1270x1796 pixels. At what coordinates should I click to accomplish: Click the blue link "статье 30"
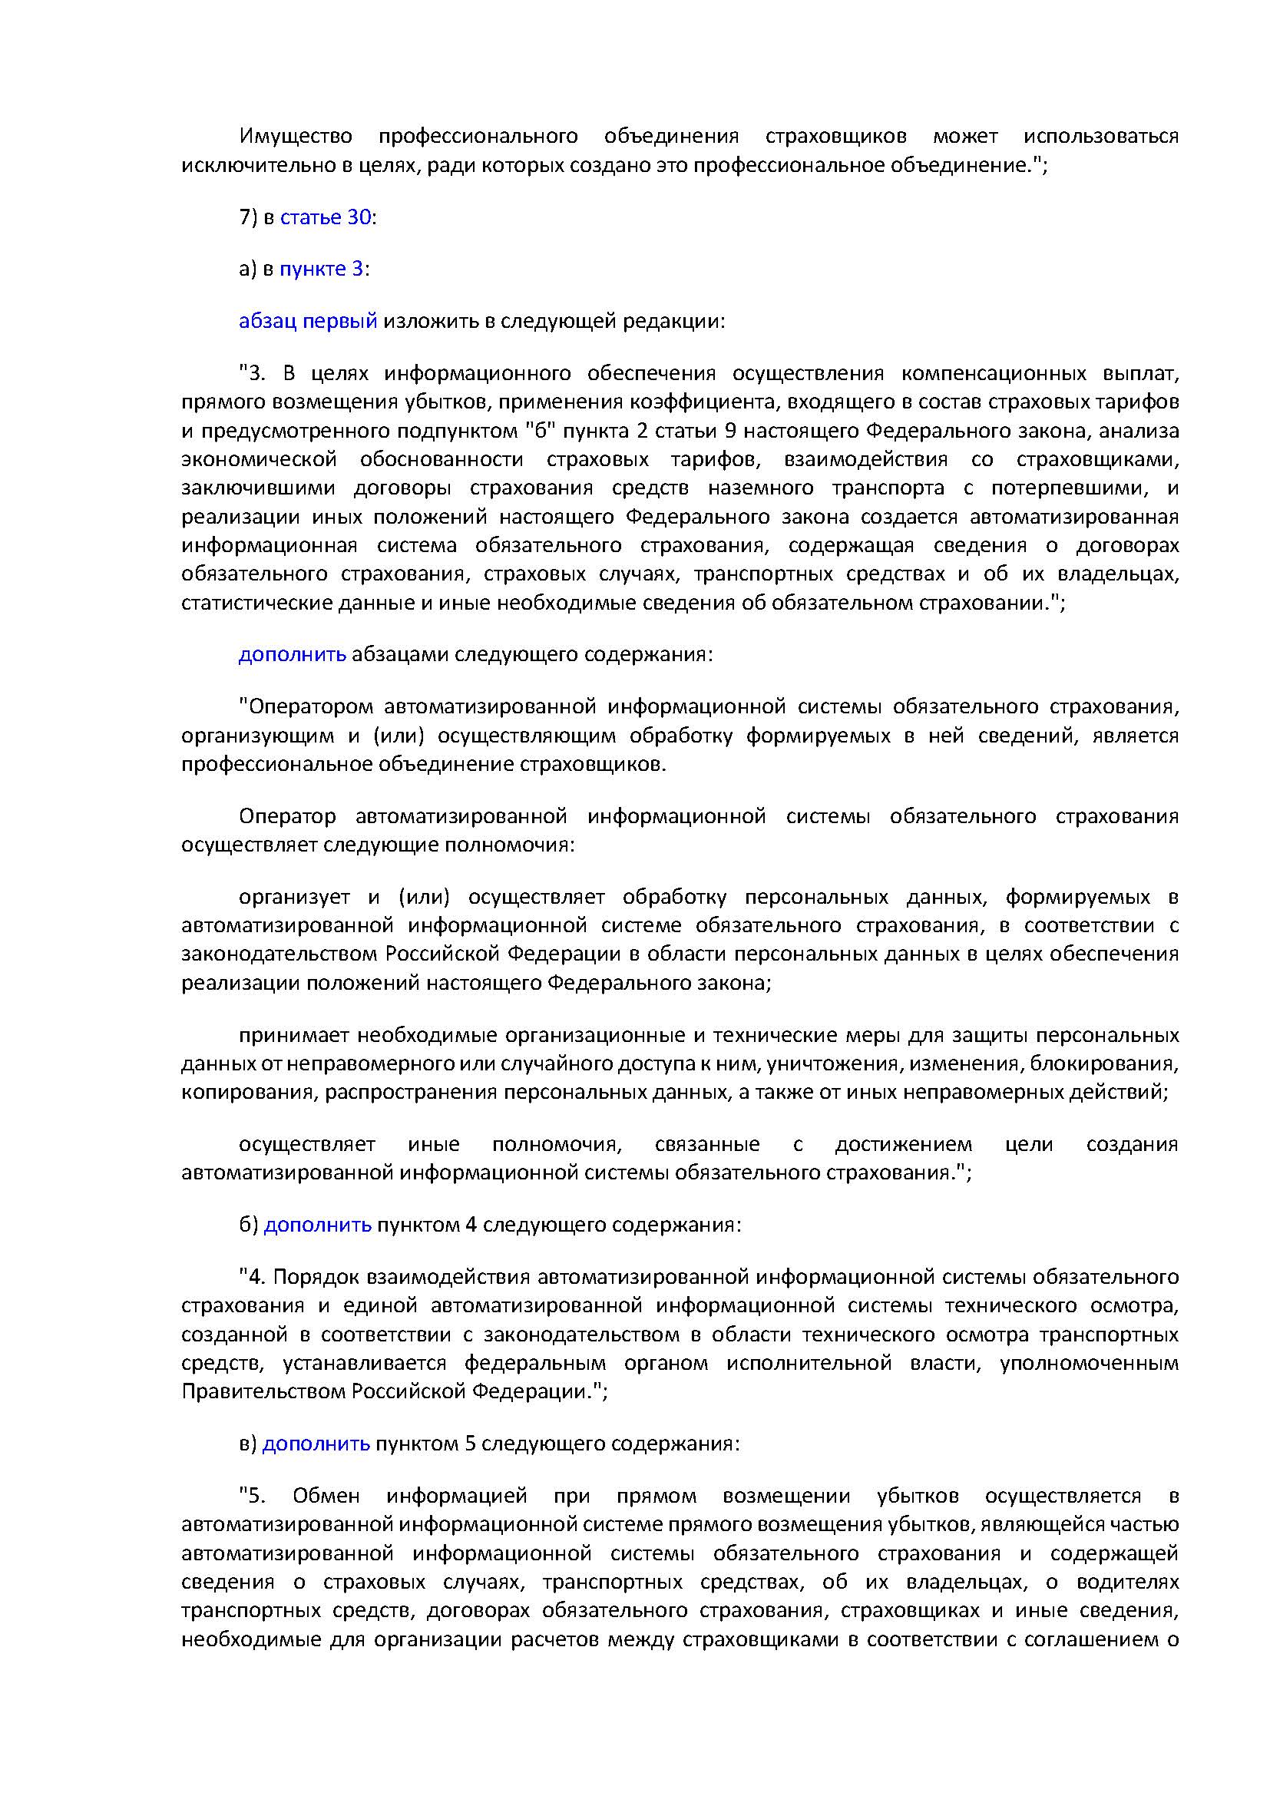[326, 217]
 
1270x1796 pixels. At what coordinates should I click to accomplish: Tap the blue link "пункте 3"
[322, 269]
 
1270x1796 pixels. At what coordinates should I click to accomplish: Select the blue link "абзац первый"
[307, 321]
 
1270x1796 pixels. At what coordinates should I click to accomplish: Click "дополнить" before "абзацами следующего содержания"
[292, 654]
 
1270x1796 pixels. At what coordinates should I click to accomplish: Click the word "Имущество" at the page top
[296, 136]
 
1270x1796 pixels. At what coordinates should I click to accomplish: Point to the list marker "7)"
[248, 217]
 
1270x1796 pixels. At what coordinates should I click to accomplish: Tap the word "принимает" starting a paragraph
[293, 1035]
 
